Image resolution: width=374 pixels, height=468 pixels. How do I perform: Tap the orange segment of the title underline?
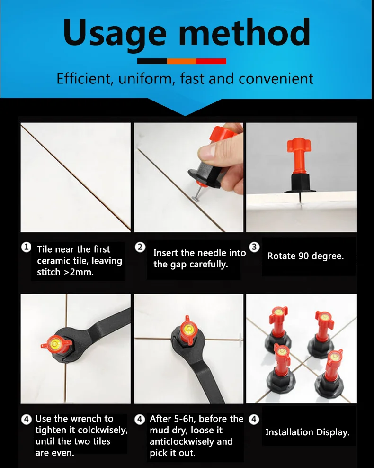tap(181, 61)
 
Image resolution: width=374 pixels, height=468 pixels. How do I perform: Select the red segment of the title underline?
tap(211, 61)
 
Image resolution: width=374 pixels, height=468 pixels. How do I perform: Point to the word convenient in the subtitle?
tap(276, 78)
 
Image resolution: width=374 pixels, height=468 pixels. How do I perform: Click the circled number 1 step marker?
tap(27, 248)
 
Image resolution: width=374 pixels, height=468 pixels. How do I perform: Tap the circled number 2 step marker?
tap(140, 247)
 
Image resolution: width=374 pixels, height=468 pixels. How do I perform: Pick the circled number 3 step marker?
tap(254, 247)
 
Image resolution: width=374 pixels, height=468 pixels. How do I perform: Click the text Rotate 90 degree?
tap(305, 256)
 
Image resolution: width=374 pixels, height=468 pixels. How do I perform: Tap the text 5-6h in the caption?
tap(184, 419)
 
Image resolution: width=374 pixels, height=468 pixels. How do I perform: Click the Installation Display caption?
tap(307, 432)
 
